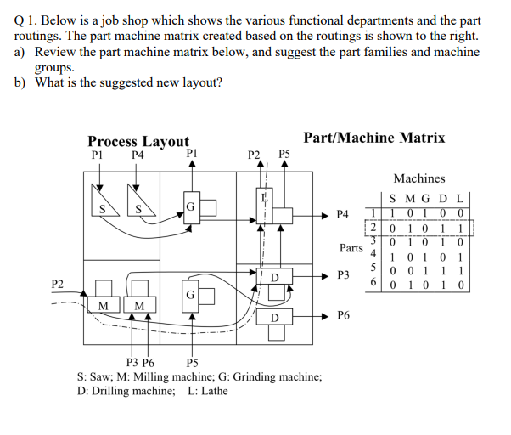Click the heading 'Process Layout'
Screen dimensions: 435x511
[x=138, y=141]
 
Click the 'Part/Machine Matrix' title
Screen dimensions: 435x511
[x=373, y=138]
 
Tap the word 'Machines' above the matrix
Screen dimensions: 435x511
[x=418, y=178]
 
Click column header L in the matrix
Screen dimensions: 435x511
[x=458, y=201]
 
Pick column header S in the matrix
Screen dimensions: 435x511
[x=391, y=201]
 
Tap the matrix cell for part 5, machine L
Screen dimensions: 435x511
[x=458, y=273]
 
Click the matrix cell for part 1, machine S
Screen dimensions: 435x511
[x=391, y=213]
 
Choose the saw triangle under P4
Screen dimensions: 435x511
[x=138, y=204]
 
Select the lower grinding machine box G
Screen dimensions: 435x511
[x=192, y=294]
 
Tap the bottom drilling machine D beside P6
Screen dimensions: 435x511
[x=273, y=317]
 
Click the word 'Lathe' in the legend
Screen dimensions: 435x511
[x=213, y=390]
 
